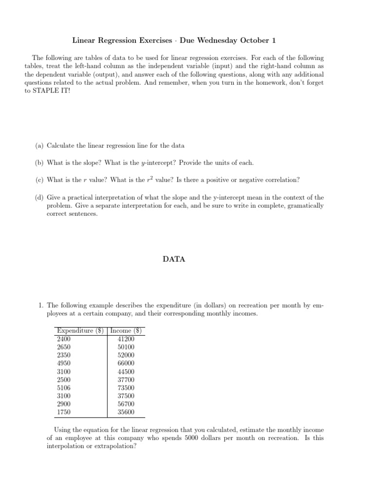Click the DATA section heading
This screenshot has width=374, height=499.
click(x=174, y=259)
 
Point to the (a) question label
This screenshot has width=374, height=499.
click(x=39, y=146)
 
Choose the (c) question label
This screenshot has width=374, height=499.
click(x=39, y=179)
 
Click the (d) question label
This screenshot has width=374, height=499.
click(x=39, y=197)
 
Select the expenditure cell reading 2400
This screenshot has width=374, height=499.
click(x=64, y=339)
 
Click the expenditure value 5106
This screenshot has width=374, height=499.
click(x=64, y=388)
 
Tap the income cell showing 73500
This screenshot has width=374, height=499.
click(x=126, y=388)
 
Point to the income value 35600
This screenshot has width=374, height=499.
click(x=126, y=412)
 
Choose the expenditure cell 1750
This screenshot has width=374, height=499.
click(x=64, y=412)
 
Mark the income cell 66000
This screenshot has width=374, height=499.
click(x=126, y=363)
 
